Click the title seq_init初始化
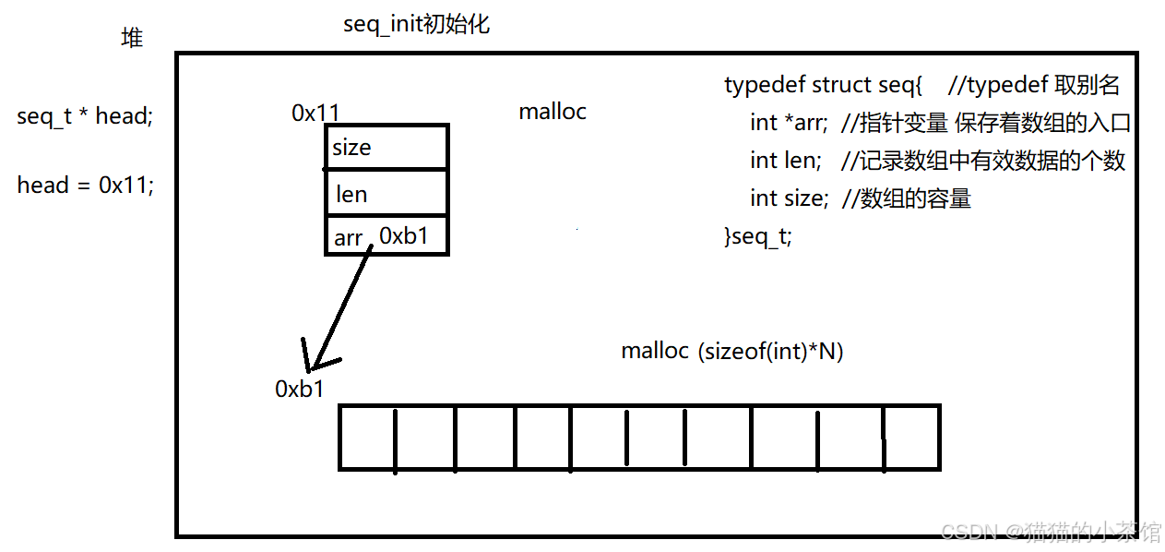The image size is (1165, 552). coord(416,25)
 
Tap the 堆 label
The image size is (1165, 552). coord(132,38)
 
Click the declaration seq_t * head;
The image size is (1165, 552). coord(84,116)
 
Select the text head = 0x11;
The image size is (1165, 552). coord(85,185)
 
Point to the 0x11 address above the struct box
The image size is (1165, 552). coord(315,113)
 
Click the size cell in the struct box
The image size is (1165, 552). coord(386,148)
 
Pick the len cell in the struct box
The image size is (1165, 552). coord(386,194)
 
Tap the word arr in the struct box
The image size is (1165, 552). coord(348,237)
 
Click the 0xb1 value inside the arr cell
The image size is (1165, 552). coord(404,236)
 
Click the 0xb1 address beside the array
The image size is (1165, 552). coord(300,389)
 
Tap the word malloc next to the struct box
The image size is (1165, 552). coord(553,112)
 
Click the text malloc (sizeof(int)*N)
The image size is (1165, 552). coord(732,351)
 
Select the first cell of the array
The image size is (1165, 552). coord(367,437)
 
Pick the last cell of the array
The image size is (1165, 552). coord(911,437)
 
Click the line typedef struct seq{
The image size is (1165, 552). coord(823,86)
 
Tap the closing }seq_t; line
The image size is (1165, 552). coord(758,236)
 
